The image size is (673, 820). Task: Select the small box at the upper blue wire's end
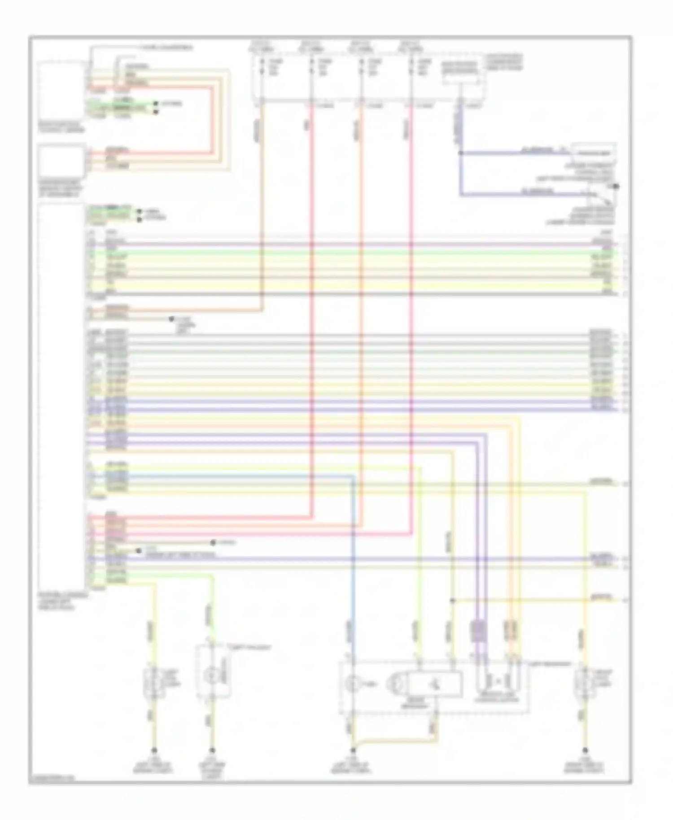[594, 153]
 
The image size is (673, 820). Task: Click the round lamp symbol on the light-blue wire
[352, 685]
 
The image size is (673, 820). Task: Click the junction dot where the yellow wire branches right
[453, 600]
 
